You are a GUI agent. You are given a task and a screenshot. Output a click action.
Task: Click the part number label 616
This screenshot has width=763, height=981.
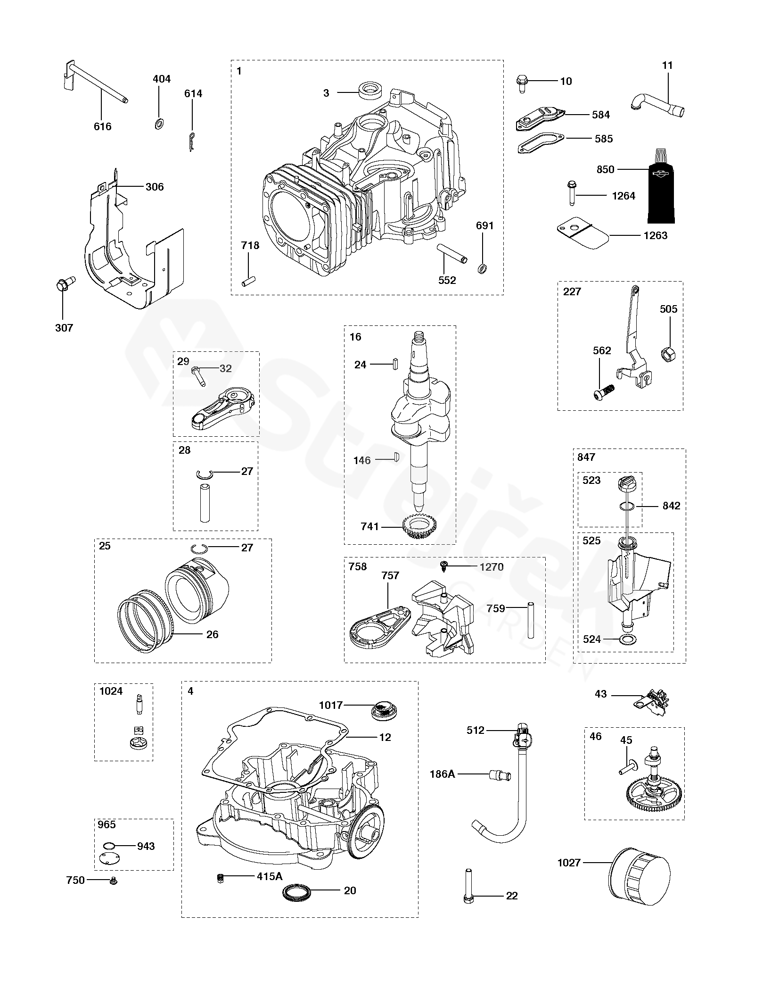pyautogui.click(x=103, y=126)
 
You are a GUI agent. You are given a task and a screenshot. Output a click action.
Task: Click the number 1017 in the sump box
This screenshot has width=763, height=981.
pyautogui.click(x=331, y=705)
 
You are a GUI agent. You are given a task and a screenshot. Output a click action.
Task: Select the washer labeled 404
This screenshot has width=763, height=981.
pyautogui.click(x=159, y=125)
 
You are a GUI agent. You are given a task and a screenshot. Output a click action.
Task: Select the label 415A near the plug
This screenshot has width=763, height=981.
pyautogui.click(x=270, y=876)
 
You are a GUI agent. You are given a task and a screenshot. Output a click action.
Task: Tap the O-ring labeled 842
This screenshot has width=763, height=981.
pyautogui.click(x=625, y=506)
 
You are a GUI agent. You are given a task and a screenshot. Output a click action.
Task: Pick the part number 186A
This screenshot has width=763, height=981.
pyautogui.click(x=442, y=773)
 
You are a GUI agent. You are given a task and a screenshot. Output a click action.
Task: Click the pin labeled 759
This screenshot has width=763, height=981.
pyautogui.click(x=531, y=619)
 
